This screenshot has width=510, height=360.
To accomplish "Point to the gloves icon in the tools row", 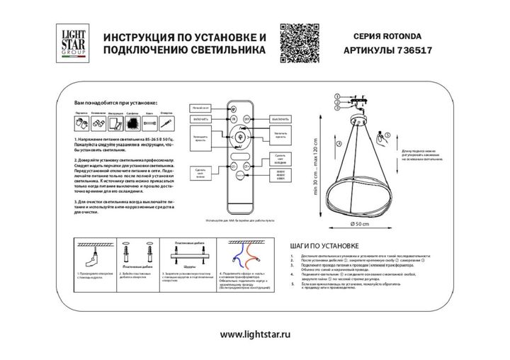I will (81, 123).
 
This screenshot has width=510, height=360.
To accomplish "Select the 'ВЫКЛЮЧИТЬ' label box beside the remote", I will (281, 119).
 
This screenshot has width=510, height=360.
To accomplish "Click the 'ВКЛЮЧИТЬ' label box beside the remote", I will (200, 119).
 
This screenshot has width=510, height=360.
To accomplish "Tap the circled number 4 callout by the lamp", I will (339, 144).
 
